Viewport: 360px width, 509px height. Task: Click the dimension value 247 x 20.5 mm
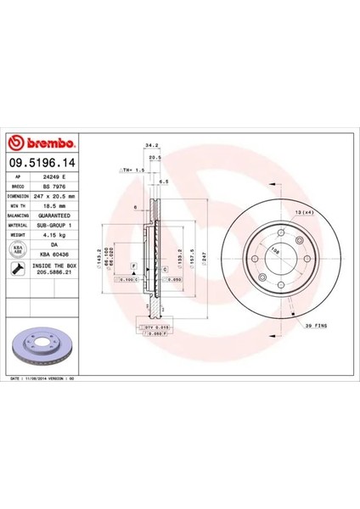tap(56, 194)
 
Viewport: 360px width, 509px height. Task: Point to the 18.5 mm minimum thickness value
tap(54, 205)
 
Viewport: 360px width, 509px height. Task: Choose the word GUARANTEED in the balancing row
tap(56, 216)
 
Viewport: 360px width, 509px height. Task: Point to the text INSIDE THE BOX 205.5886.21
tap(56, 270)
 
